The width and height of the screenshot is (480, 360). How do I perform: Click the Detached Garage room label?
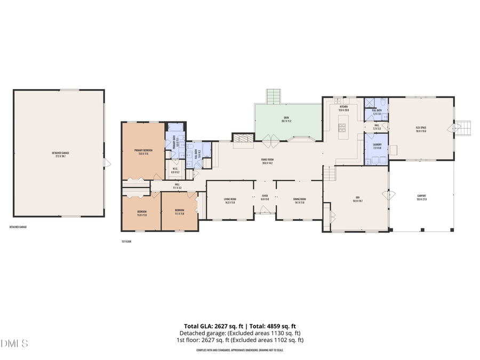[60, 153]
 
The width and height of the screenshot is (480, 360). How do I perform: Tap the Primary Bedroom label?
[143, 151]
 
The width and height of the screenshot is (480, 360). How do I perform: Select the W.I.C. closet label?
[174, 171]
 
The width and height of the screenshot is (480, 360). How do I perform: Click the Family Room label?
[267, 159]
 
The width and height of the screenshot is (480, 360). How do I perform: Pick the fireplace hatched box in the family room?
[241, 137]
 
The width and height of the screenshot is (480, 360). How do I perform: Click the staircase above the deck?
[274, 97]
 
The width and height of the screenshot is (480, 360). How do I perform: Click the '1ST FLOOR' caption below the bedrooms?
[126, 241]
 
